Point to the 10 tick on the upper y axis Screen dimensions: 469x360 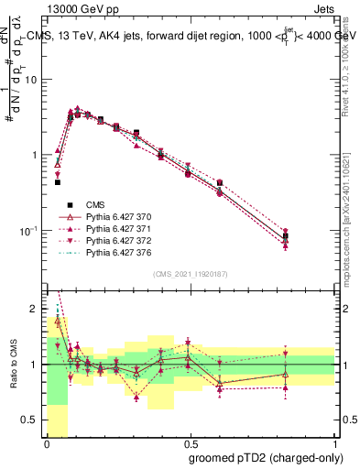coord(35,80)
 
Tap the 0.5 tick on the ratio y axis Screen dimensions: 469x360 coord(35,420)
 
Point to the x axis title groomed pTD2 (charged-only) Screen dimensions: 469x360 coord(265,457)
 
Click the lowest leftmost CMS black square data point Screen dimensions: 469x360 coord(58,182)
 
